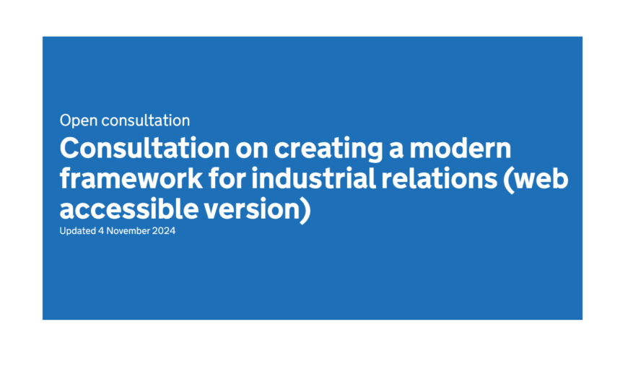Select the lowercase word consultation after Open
click(x=146, y=121)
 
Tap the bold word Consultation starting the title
click(x=144, y=148)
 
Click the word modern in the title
click(x=461, y=148)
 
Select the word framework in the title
click(x=131, y=179)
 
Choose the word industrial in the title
click(x=313, y=179)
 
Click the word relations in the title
click(x=440, y=179)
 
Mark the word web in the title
click(x=541, y=179)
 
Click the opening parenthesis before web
click(x=509, y=180)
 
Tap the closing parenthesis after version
click(x=305, y=210)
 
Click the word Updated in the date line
click(x=78, y=231)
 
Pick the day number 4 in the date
click(x=101, y=231)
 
